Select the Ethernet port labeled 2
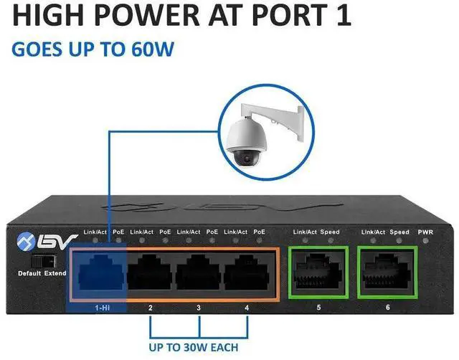(151, 273)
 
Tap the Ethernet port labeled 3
(198, 273)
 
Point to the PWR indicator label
(426, 232)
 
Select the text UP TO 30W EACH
(197, 349)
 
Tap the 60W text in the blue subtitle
(151, 52)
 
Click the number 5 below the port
(318, 308)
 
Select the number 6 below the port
(388, 308)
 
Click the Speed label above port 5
(331, 232)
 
